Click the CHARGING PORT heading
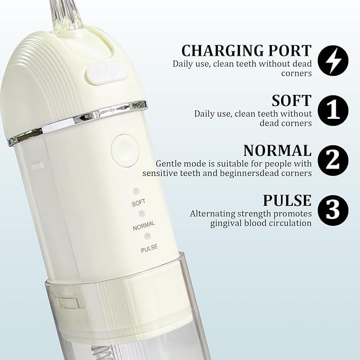pyautogui.click(x=246, y=50)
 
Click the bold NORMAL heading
pyautogui.click(x=277, y=150)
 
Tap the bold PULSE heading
pyautogui.click(x=287, y=200)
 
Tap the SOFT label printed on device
pyautogui.click(x=138, y=203)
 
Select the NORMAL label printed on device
pyautogui.click(x=144, y=226)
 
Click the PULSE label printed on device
pyautogui.click(x=149, y=248)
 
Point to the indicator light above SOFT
pyautogui.click(x=136, y=191)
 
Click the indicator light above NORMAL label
pyautogui.click(x=142, y=214)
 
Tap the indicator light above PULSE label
pyautogui.click(x=147, y=236)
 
